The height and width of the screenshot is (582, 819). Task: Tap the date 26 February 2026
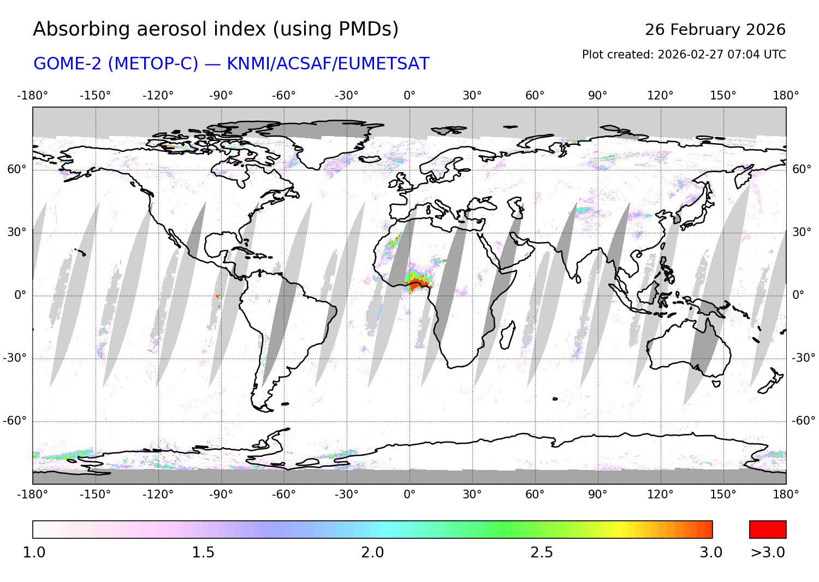coord(715,30)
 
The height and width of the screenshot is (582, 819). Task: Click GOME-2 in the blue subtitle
coord(68,64)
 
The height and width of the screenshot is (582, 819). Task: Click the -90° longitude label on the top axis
coord(221,96)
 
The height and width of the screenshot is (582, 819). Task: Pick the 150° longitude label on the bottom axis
coord(723,495)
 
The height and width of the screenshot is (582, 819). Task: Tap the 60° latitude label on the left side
coord(16,169)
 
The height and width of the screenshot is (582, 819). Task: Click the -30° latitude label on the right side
coord(803,358)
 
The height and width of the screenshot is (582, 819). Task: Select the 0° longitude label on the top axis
coord(410,96)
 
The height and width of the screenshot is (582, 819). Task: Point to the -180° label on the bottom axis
coord(33,495)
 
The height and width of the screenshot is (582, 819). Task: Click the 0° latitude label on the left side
coord(20,295)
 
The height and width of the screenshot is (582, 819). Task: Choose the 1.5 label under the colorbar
coord(203,552)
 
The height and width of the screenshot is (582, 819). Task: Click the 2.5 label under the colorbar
coord(542,552)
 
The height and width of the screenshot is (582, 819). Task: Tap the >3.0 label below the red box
coord(768,552)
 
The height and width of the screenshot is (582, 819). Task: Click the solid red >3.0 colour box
coord(768,530)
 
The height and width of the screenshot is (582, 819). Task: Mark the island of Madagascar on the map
coord(507,335)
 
